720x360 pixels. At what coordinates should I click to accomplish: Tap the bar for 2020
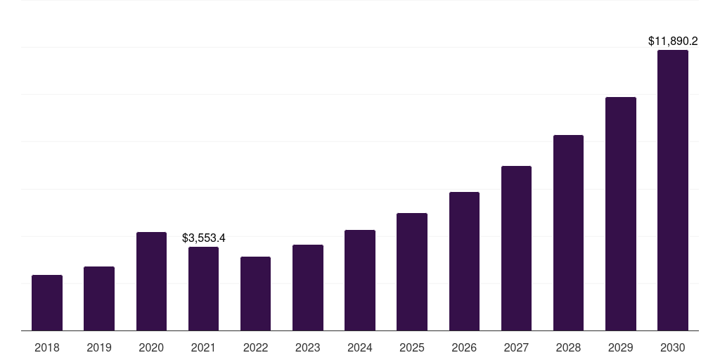(x=151, y=281)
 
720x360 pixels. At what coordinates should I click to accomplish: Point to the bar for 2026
(x=464, y=261)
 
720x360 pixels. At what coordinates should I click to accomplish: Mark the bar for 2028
(x=568, y=233)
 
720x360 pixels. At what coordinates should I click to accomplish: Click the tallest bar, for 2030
(x=673, y=190)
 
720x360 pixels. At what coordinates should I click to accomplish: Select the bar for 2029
(x=621, y=214)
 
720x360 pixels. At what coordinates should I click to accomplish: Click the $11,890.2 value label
(x=673, y=41)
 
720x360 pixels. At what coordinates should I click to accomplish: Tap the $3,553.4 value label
(x=203, y=238)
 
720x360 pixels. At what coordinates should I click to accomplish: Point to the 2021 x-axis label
(x=203, y=347)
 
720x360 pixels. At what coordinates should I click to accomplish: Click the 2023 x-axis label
(x=308, y=347)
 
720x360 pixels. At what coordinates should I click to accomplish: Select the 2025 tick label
(x=412, y=347)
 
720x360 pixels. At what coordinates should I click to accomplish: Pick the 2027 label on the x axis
(x=516, y=347)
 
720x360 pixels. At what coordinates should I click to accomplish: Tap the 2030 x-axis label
(x=673, y=347)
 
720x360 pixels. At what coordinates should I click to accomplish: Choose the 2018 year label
(x=47, y=347)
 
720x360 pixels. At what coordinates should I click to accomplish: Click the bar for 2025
(x=412, y=271)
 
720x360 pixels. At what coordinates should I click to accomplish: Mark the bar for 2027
(x=516, y=248)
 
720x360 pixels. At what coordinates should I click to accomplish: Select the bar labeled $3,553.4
(x=203, y=288)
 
